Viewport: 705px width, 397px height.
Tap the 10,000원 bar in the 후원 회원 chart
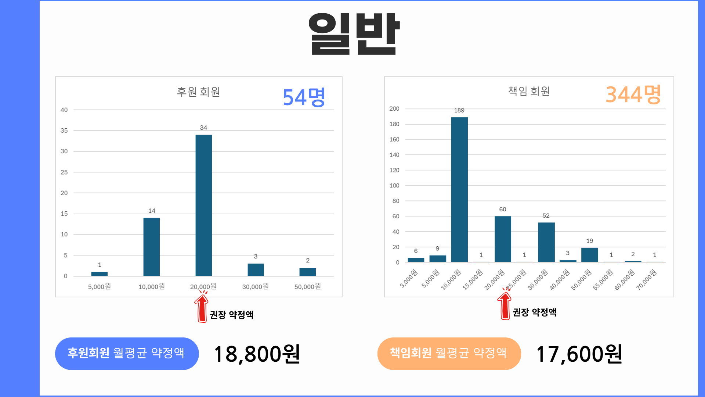tap(151, 247)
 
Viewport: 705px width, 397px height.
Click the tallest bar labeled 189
tap(459, 189)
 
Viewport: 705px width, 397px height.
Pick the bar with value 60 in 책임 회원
tap(503, 239)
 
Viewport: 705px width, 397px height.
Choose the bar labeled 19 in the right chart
tap(589, 255)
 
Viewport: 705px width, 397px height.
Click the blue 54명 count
tap(304, 97)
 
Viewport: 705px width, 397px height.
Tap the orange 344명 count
tap(633, 94)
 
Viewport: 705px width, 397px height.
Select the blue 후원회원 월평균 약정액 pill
tap(127, 353)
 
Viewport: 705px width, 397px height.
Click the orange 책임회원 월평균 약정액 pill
tap(449, 353)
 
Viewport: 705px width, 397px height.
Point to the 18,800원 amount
tap(257, 354)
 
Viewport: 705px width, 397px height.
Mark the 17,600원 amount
tap(579, 354)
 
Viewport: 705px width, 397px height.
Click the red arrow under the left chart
tap(202, 308)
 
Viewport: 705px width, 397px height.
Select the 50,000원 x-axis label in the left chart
tap(307, 286)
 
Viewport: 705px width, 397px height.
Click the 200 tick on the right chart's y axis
tap(394, 109)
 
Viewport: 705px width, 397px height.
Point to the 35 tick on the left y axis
tap(64, 130)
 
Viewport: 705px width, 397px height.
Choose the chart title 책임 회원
tap(529, 91)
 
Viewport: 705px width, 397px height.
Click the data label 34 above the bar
tap(203, 128)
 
